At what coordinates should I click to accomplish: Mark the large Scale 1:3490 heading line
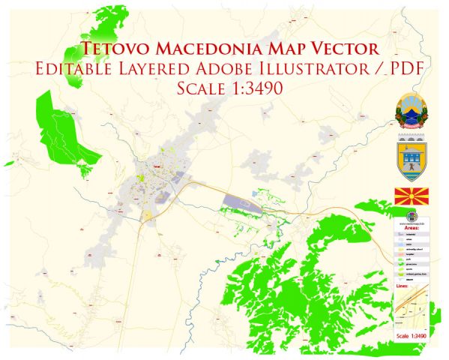[x=225, y=88]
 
